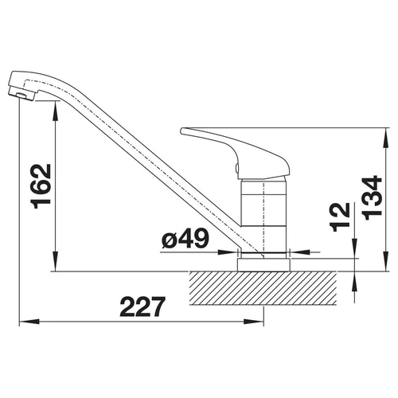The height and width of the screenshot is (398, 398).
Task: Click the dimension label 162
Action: click(x=41, y=186)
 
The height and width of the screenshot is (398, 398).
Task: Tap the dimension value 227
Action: click(x=142, y=306)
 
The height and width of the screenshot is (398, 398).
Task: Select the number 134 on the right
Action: click(x=372, y=197)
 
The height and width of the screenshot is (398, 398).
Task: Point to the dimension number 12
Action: click(x=339, y=217)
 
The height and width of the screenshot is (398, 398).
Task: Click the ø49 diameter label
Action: click(x=185, y=238)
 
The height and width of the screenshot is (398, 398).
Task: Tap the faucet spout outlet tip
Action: click(x=21, y=95)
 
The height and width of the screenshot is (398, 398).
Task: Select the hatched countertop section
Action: click(x=263, y=288)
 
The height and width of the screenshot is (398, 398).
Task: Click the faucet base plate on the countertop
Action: click(x=263, y=264)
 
